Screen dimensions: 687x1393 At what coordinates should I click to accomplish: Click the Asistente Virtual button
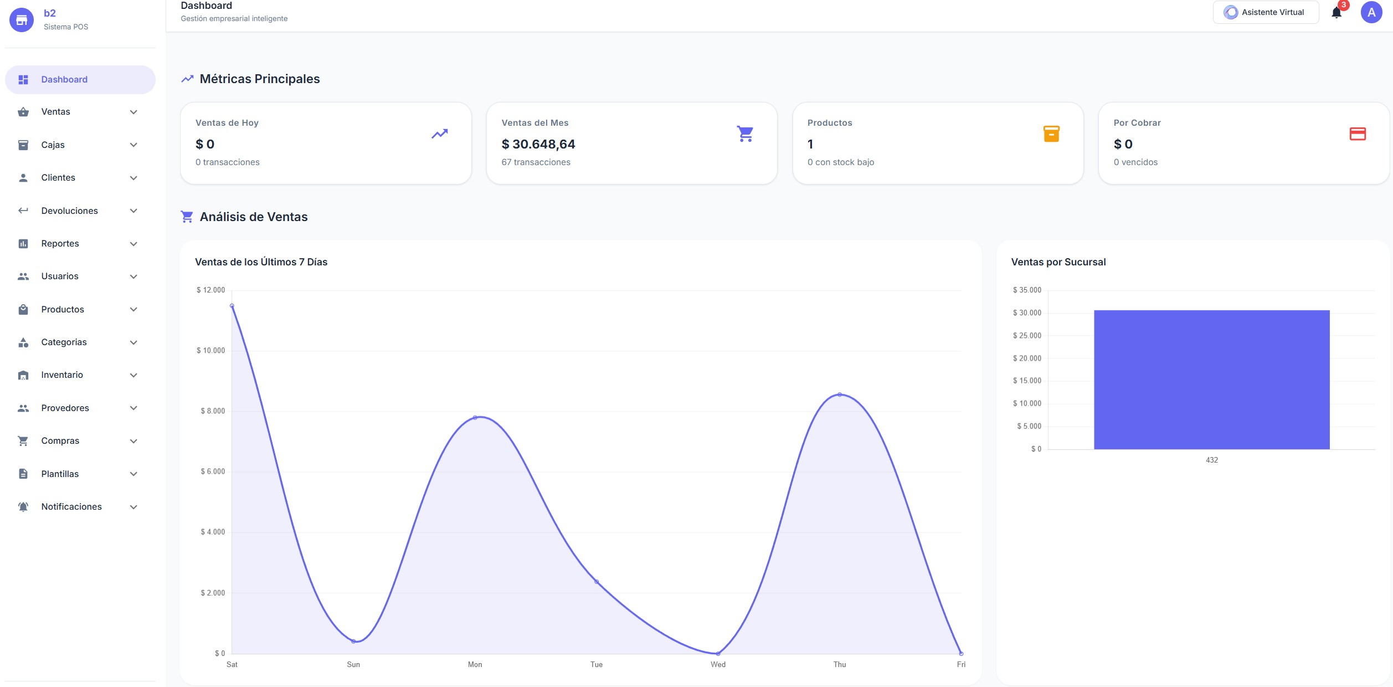tap(1265, 12)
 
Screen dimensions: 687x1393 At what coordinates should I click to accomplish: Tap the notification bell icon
tap(1337, 13)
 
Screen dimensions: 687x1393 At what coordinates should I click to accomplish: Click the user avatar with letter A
tap(1371, 12)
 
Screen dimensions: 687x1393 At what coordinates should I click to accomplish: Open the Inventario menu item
tap(62, 375)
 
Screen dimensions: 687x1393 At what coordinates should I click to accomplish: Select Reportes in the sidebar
tap(60, 244)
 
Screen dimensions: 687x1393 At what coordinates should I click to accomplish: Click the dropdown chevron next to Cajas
tap(133, 145)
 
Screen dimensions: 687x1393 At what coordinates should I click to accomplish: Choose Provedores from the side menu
tap(65, 408)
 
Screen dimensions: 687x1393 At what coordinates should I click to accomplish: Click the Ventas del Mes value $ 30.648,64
tap(538, 144)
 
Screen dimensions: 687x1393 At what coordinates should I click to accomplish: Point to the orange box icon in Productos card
tap(1051, 134)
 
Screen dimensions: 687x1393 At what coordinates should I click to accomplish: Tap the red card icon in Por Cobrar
tap(1357, 134)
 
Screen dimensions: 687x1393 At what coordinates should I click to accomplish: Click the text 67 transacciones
tap(536, 162)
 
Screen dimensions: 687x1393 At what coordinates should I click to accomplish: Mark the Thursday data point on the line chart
tap(840, 394)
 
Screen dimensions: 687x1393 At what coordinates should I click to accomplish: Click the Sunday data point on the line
tap(353, 641)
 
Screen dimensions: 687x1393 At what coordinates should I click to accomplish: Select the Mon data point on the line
tap(475, 417)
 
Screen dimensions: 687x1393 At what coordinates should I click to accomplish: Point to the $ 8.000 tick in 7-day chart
tap(213, 411)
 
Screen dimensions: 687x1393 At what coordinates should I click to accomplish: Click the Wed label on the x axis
tap(718, 664)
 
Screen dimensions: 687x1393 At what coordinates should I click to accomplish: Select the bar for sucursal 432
tap(1211, 380)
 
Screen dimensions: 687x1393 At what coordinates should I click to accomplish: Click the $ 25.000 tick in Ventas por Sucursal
tap(1027, 336)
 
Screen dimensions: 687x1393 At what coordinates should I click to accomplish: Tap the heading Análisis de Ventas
tap(253, 217)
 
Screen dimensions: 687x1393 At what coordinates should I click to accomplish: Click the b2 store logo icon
tap(22, 20)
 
